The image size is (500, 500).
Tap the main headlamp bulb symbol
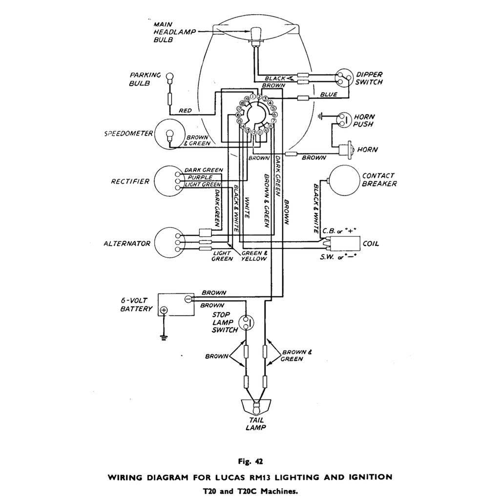point(254,34)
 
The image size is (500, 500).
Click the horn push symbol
point(344,119)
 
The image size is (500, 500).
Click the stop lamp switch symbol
point(247,323)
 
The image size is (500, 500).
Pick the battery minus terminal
point(187,298)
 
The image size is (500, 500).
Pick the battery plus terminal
point(164,310)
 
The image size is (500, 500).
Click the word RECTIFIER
point(129,182)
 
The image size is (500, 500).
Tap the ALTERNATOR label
point(126,244)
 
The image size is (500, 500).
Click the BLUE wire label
point(328,94)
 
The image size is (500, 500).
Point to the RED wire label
point(185,111)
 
